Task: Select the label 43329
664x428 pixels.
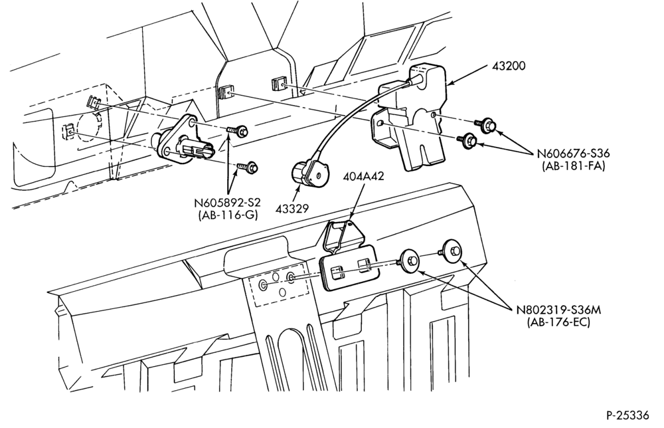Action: tap(291, 209)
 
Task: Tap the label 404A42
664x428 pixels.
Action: tap(364, 176)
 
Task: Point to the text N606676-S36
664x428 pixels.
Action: tap(574, 154)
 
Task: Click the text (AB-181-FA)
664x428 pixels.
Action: tap(574, 167)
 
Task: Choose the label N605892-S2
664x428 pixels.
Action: tap(227, 203)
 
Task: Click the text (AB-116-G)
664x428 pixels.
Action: tap(227, 215)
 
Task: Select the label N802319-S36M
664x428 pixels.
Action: tap(558, 309)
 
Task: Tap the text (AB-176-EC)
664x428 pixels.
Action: tap(558, 322)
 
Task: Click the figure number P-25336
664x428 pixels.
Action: tap(627, 415)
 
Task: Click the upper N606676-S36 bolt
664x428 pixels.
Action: tap(486, 124)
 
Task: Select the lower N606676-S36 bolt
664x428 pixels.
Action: tap(467, 140)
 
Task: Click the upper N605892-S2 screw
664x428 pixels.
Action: tap(238, 130)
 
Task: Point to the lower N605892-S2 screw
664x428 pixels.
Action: tap(248, 167)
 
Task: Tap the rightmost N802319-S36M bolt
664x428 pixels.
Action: tap(452, 251)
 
